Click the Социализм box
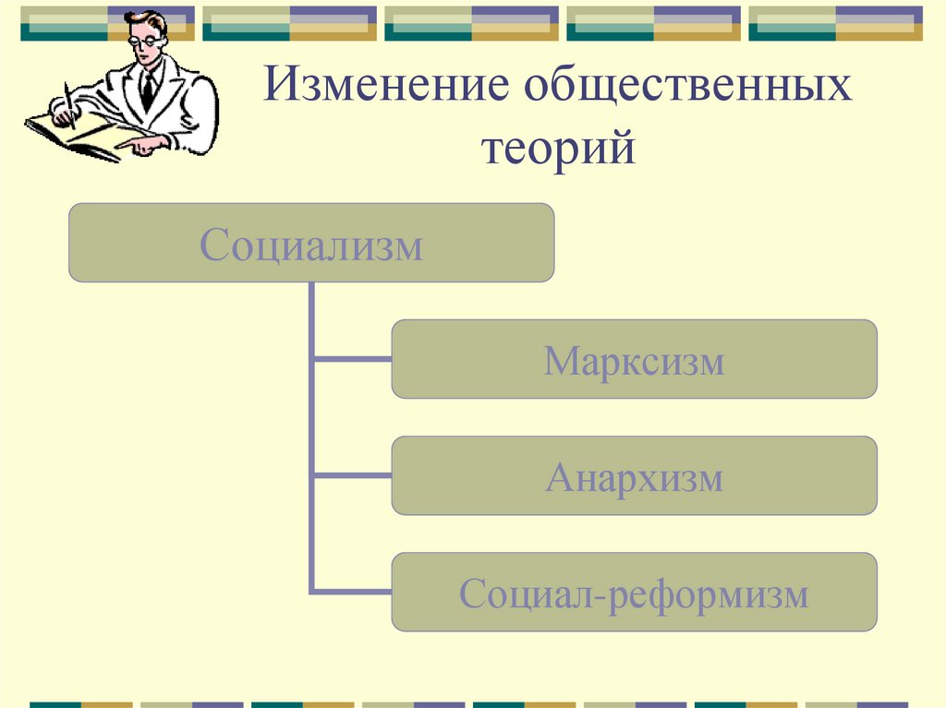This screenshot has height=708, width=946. tap(311, 243)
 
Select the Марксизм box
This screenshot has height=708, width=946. tap(634, 359)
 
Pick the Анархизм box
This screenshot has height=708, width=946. tap(634, 475)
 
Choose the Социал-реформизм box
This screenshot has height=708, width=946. tap(634, 592)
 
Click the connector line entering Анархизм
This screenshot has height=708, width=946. tap(352, 475)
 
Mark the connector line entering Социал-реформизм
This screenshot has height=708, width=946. tap(352, 592)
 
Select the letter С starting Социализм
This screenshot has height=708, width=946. tap(214, 246)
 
